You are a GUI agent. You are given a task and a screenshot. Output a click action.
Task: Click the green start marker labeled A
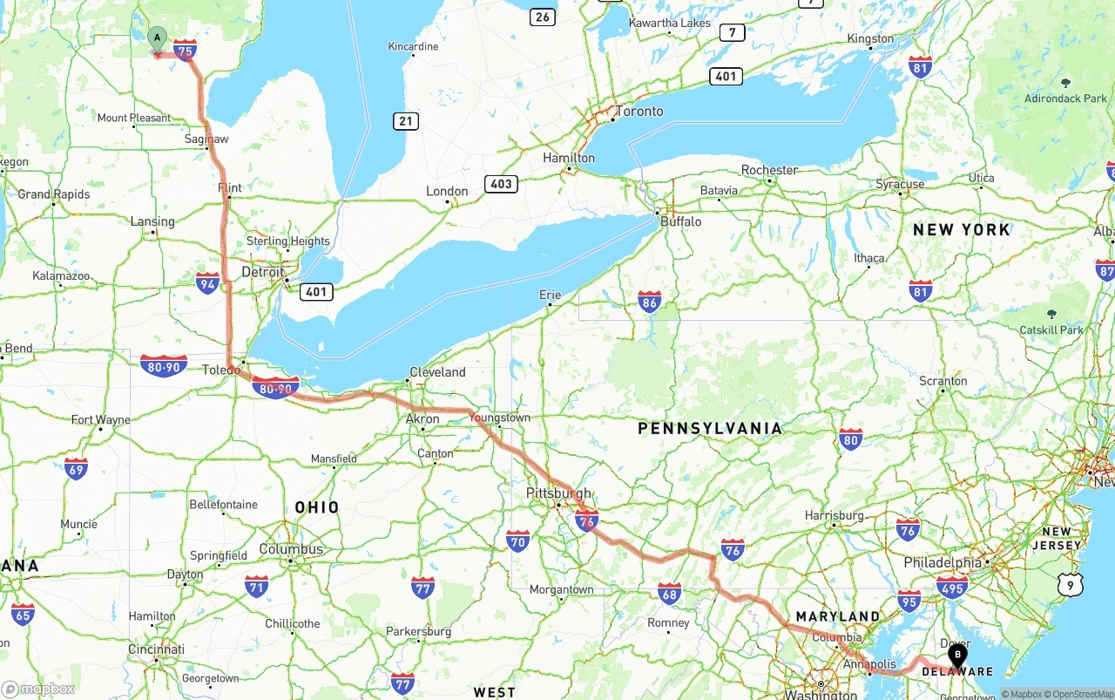pos(157,38)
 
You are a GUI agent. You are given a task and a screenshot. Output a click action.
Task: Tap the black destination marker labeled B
pos(956,655)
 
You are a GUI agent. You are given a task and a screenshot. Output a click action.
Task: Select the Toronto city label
pos(639,112)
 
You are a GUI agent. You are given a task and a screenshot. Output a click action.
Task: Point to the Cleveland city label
pos(437,372)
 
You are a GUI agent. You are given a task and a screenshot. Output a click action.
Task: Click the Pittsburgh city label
pos(558,493)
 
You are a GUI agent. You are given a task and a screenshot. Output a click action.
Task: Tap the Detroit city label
pos(262,272)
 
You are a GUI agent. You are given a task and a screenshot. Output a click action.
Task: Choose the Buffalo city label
pos(680,221)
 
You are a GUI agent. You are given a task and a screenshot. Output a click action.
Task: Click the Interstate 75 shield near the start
pos(185,51)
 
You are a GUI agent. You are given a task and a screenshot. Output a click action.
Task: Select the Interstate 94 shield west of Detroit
pos(207,282)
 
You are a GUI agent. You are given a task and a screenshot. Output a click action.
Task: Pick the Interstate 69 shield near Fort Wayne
pos(76,469)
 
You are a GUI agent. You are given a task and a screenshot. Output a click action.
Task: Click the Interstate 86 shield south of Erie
pos(649,302)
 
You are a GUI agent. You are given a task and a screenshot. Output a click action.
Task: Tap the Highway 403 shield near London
pos(501,184)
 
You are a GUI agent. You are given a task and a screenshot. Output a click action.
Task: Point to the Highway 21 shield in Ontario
pos(405,121)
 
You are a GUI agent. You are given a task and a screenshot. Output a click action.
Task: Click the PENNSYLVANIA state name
pos(710,428)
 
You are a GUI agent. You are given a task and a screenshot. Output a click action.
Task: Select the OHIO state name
pos(317,507)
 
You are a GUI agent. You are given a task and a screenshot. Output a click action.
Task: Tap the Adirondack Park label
pos(1065,99)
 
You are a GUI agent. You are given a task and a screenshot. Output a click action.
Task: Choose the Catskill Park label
pos(1051,330)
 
